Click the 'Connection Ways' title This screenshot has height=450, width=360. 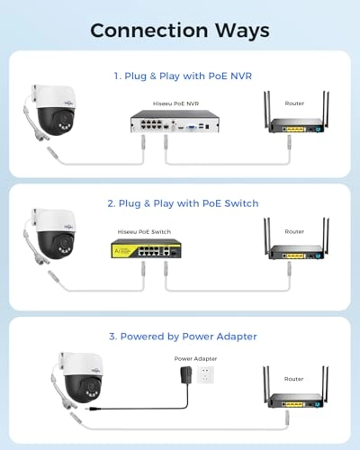click(x=180, y=31)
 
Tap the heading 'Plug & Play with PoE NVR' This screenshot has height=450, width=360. click(x=188, y=76)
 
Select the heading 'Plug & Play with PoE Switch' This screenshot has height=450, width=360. click(x=188, y=203)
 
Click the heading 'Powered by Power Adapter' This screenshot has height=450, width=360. click(x=189, y=337)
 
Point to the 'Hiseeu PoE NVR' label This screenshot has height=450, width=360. click(x=175, y=103)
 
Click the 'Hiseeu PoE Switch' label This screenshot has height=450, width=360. click(x=144, y=231)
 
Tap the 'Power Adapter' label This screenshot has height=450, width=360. click(x=195, y=358)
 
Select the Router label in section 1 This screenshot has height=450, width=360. click(x=294, y=103)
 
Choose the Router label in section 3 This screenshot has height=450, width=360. click(x=294, y=379)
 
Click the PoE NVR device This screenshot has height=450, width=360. click(x=175, y=121)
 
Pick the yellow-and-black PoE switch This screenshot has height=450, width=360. click(x=146, y=248)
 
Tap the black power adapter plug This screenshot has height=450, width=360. click(x=184, y=375)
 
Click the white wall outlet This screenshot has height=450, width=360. click(x=205, y=374)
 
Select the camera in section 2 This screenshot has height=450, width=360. click(x=51, y=237)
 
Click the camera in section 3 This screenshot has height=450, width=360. click(x=78, y=380)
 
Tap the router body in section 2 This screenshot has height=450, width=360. click(x=296, y=252)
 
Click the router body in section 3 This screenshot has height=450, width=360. click(x=296, y=400)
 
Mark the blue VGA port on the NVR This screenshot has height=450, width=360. click(x=191, y=128)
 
